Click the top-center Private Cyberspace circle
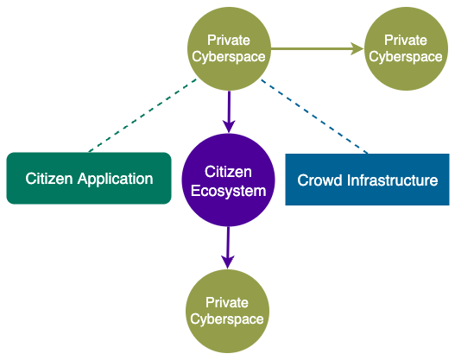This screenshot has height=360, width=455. point(230,48)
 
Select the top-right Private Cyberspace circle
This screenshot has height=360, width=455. point(406,48)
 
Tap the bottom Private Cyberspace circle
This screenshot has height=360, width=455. point(228,311)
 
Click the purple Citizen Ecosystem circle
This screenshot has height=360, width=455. point(229,180)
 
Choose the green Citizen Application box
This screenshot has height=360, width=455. point(89,178)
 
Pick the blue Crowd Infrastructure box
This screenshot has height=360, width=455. point(367,180)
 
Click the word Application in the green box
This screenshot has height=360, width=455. point(115,179)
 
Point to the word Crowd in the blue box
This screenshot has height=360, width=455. point(319,180)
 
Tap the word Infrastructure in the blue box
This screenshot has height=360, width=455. point(392,180)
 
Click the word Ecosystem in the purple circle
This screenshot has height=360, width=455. point(229,192)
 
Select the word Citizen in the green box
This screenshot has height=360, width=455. point(48,179)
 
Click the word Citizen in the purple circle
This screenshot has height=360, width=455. point(228,172)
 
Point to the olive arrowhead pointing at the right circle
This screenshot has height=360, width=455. point(357,48)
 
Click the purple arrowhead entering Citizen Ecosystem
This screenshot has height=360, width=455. point(230,127)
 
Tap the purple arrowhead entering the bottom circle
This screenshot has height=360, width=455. point(228,262)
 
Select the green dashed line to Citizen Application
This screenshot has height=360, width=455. point(142,116)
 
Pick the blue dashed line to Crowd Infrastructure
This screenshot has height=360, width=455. point(314,117)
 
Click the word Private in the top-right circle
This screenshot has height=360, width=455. point(406,40)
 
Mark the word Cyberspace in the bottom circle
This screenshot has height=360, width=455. point(227,319)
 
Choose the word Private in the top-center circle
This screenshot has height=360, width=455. point(229,40)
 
